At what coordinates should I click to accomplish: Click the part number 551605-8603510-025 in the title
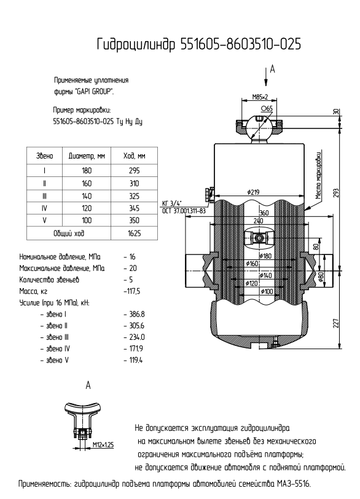coord(240,44)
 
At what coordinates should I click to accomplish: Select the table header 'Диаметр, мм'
coord(87,156)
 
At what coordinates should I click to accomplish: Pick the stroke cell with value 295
coord(134,171)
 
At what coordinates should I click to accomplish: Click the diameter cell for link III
coord(87,196)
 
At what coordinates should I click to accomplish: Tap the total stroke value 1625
coord(134,234)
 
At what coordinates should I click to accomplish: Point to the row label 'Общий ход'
coord(69,234)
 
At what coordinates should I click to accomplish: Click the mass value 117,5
coord(133,291)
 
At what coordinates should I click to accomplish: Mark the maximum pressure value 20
coord(133,269)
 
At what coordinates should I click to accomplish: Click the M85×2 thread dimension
coord(260,96)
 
